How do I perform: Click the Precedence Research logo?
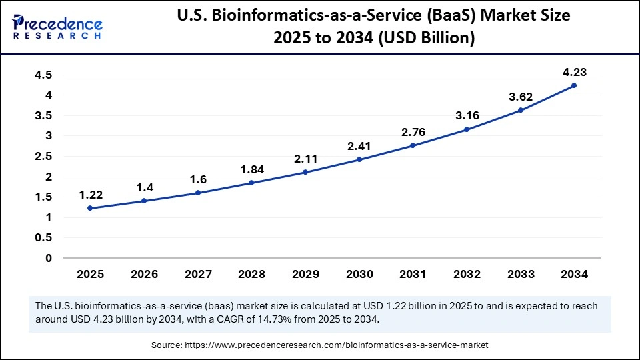tap(57, 27)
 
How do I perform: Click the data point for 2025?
tap(90, 208)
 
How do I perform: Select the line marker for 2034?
tap(574, 85)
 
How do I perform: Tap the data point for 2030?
tap(359, 159)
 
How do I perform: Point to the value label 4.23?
tap(574, 72)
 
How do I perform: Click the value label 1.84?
tap(251, 169)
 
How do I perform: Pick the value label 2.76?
tap(413, 132)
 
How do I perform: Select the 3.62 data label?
tap(521, 97)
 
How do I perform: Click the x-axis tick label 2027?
tap(197, 274)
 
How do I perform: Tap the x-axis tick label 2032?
tap(467, 274)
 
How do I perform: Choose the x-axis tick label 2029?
tap(305, 274)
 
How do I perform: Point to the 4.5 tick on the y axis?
tap(43, 75)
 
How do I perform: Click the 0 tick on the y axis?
tap(48, 258)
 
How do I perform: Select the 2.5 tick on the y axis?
tap(43, 157)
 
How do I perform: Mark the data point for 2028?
tap(251, 183)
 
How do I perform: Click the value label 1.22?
tap(90, 195)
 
